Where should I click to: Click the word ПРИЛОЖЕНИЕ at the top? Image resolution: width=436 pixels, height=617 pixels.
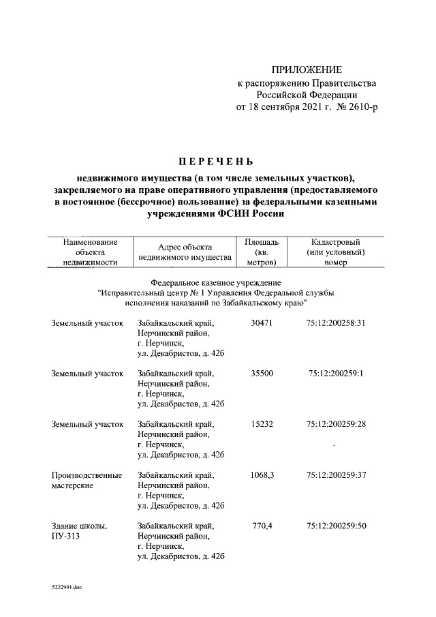307,70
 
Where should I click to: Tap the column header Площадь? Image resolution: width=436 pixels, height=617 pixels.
261,242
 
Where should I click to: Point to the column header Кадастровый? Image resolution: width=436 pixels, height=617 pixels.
335,242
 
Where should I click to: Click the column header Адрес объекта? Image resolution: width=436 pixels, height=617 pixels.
185,247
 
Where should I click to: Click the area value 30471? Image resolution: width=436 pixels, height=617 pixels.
262,322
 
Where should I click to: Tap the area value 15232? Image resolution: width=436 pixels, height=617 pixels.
262,424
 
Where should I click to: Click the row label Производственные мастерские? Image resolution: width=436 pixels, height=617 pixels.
87,480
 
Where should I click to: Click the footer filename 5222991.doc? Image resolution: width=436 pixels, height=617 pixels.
67,586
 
